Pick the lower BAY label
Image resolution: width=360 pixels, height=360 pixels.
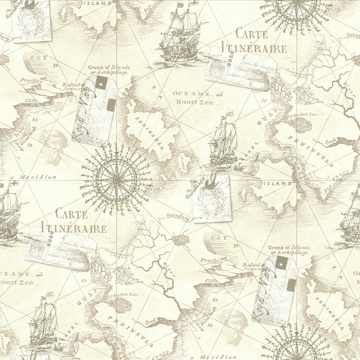[x=216, y=238]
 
